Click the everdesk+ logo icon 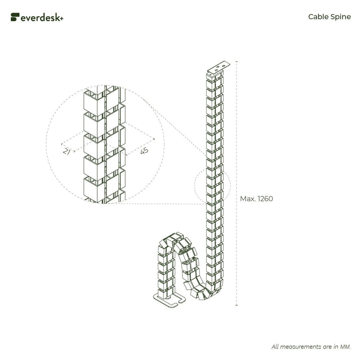point(15,17)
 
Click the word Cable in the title point(317,17)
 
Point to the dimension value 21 point(67,152)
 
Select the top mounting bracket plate point(219,67)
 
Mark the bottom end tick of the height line point(236,305)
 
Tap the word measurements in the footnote point(301,347)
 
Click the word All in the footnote point(275,347)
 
